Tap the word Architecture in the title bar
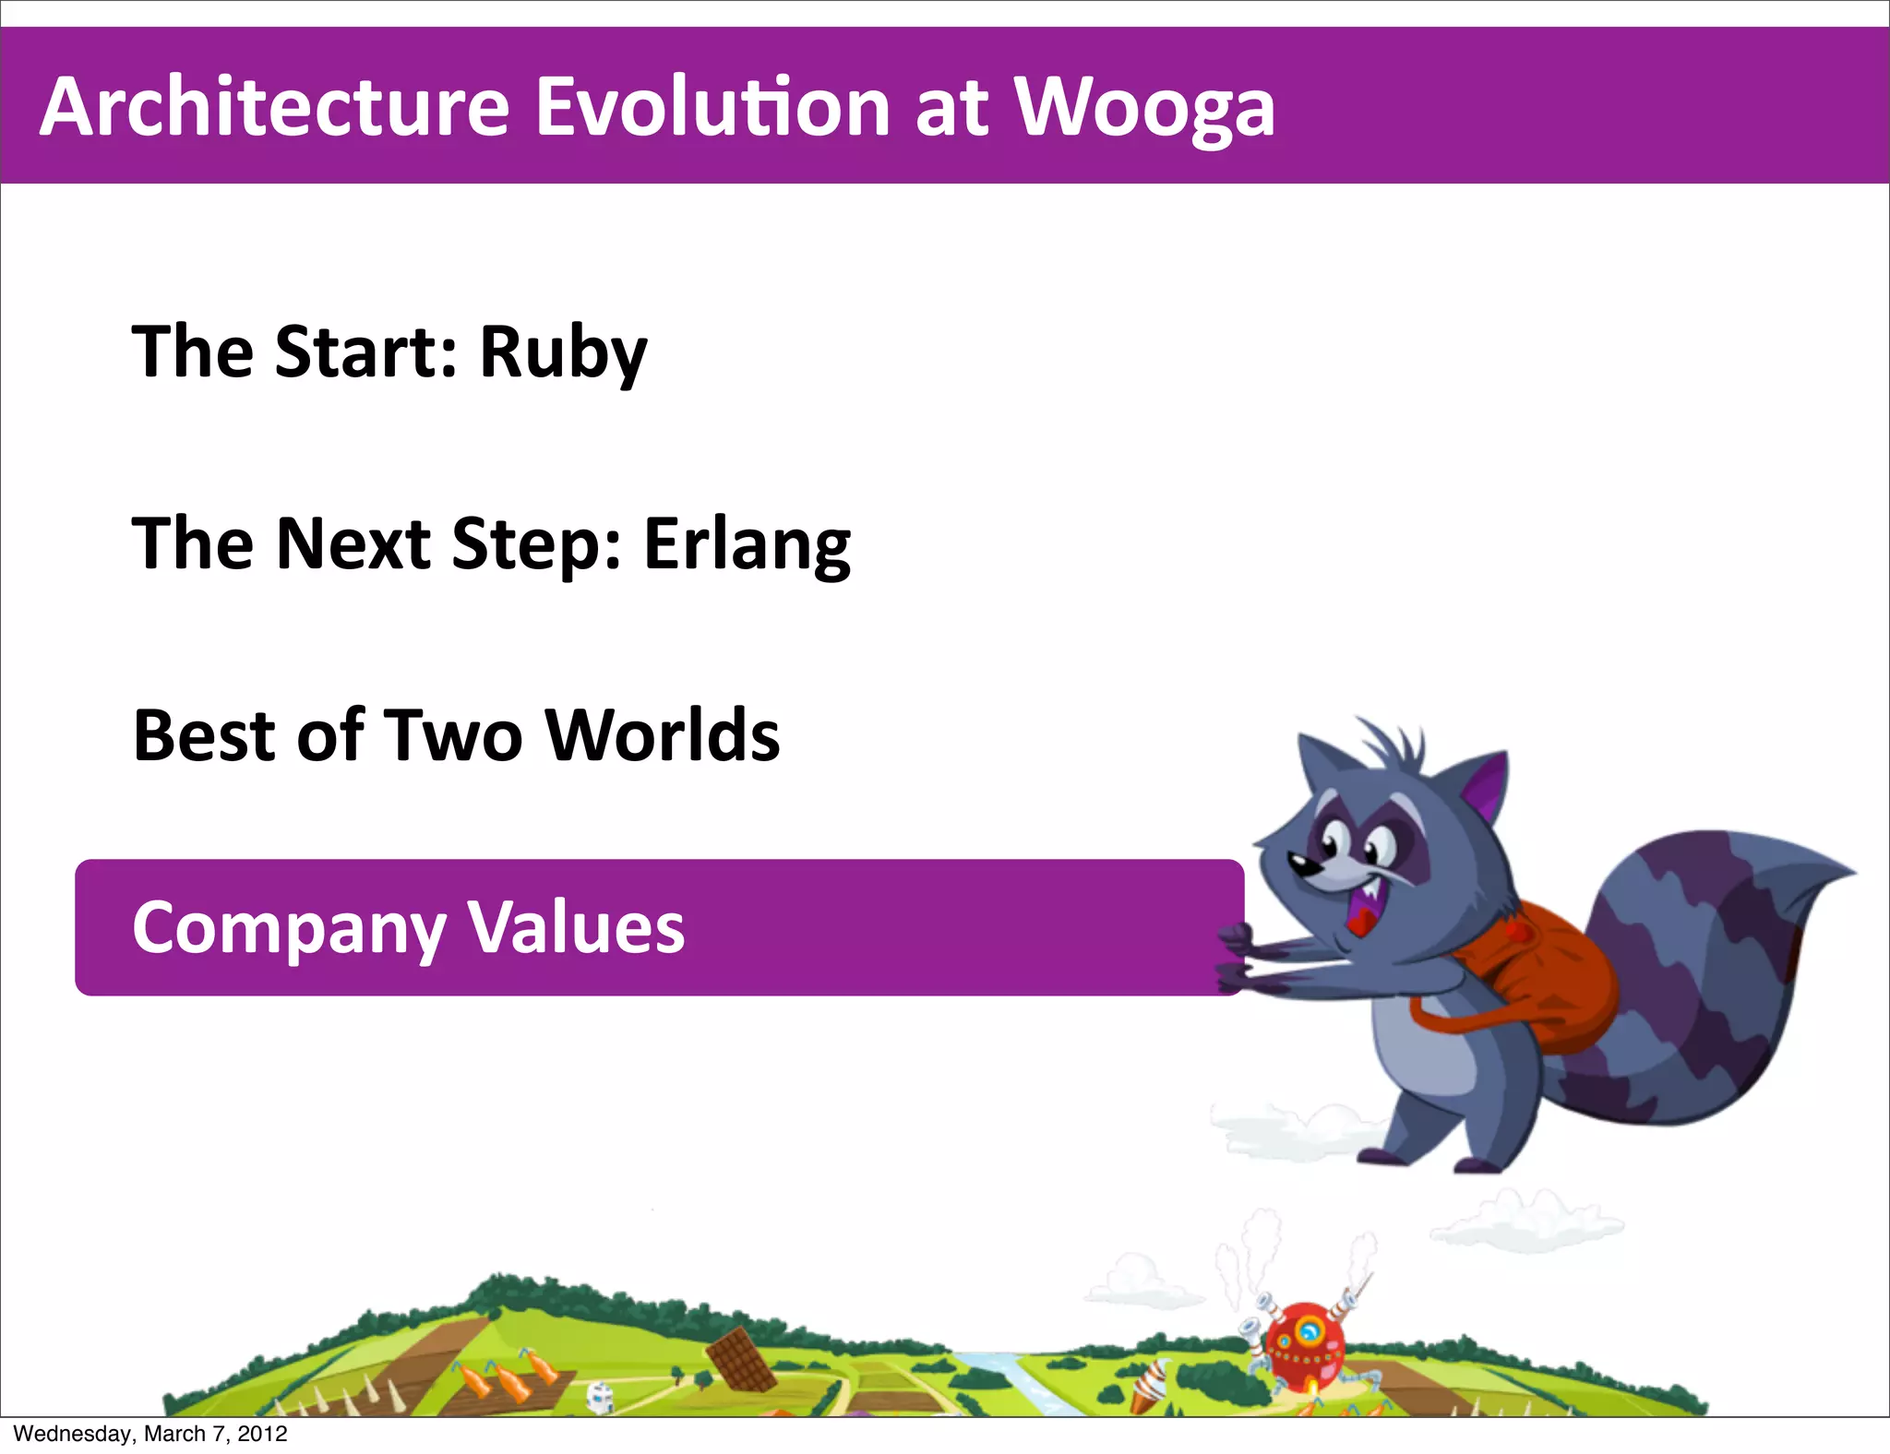point(274,107)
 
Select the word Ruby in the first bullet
point(563,353)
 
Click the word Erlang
point(747,545)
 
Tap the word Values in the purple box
point(577,927)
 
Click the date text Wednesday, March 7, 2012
point(150,1434)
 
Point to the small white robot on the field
point(600,1397)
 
